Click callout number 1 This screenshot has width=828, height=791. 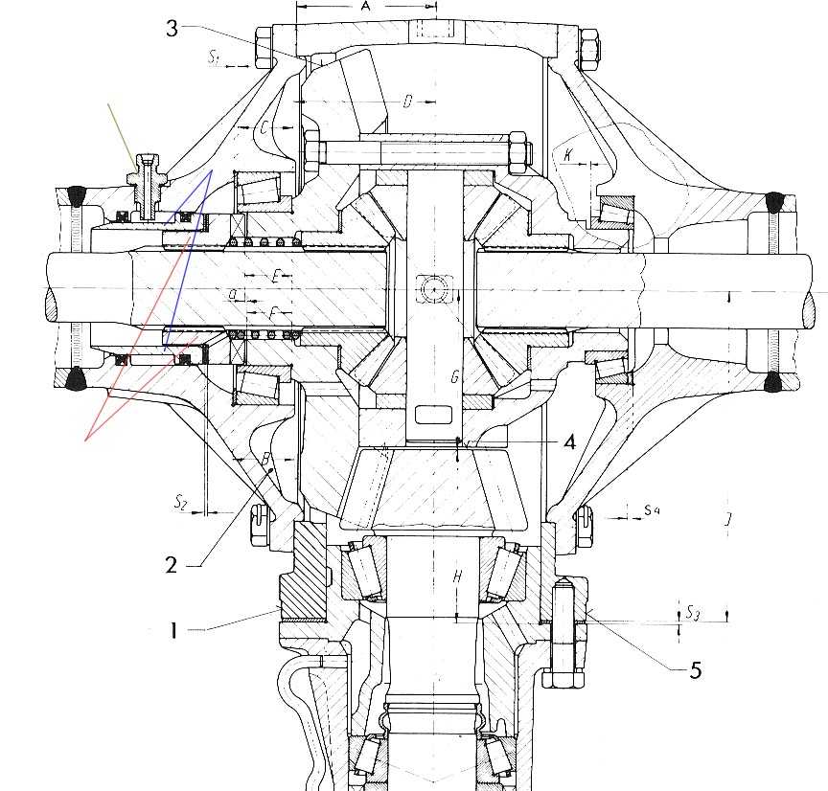(174, 630)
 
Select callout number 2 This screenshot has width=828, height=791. (172, 564)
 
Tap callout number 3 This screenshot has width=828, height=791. (172, 28)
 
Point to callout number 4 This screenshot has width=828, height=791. (569, 442)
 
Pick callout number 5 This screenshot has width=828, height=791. (696, 669)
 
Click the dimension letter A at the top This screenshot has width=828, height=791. (365, 7)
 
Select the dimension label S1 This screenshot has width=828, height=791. (215, 58)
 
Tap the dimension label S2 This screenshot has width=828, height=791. (181, 500)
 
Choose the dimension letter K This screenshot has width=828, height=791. (568, 153)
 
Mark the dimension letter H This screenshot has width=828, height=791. (458, 576)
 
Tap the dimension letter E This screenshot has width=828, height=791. (275, 276)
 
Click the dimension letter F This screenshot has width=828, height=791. (274, 312)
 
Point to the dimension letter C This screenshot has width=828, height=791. (263, 127)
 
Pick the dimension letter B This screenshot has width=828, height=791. (266, 460)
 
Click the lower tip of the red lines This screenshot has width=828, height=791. (86, 441)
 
